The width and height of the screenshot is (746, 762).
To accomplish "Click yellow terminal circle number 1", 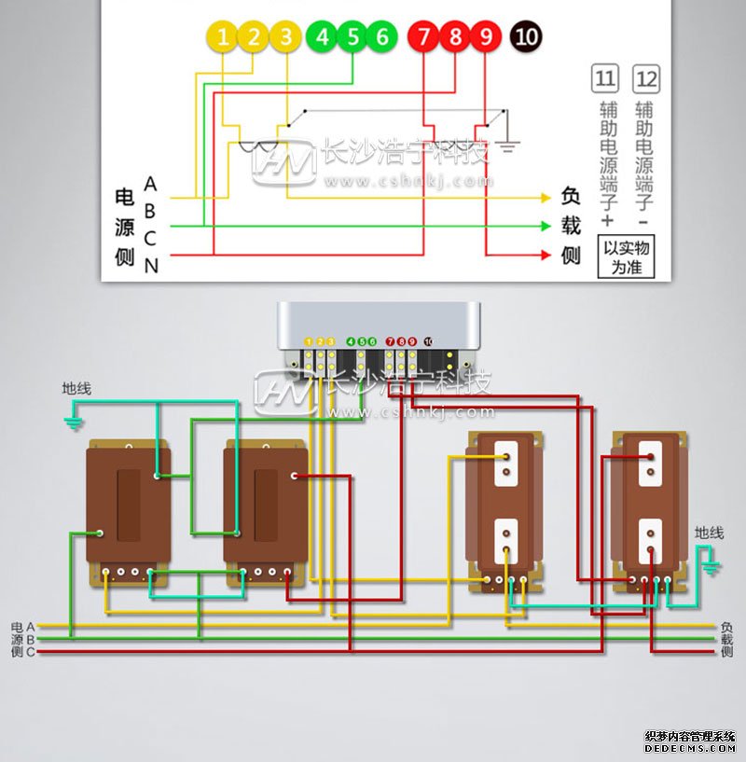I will [x=223, y=37].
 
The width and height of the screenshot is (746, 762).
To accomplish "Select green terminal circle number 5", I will [x=352, y=37].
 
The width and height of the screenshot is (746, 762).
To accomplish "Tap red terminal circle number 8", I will [x=455, y=37].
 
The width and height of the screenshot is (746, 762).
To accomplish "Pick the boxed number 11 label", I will [x=605, y=78].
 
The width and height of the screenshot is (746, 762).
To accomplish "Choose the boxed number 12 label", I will [x=645, y=78].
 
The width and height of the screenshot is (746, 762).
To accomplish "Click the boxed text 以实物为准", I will [x=626, y=257].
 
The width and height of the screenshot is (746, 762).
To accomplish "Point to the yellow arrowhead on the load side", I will [x=546, y=198].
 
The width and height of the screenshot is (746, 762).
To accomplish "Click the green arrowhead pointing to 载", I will [x=546, y=226].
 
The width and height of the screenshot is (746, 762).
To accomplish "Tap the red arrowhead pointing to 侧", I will [x=546, y=255].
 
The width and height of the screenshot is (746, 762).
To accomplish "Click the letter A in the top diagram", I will [x=151, y=185].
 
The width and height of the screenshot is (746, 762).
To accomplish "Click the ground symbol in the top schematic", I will [x=507, y=145].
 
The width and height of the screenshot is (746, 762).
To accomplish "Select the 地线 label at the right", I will [x=709, y=533].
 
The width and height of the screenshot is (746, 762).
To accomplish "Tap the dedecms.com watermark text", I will [x=690, y=748].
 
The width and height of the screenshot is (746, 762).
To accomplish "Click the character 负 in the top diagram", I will [x=571, y=198].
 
